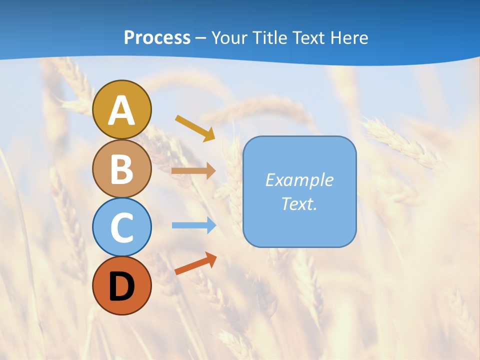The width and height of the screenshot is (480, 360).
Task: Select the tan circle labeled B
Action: (121, 168)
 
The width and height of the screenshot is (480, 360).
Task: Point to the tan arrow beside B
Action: (193, 171)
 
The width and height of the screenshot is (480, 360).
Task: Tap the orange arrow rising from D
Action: (195, 263)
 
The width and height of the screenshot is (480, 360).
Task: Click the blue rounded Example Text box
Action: (299, 191)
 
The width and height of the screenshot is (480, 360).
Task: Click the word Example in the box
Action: (299, 180)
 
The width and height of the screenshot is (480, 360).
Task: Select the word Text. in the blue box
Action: (299, 204)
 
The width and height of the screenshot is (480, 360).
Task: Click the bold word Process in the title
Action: (157, 37)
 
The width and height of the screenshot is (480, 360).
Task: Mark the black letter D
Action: (121, 286)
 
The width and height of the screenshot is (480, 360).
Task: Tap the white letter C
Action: (121, 227)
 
